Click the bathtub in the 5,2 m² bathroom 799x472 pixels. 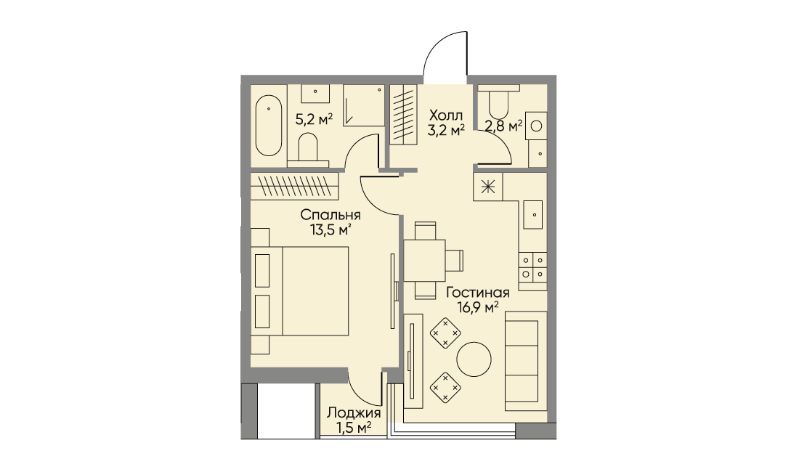pyautogui.click(x=269, y=125)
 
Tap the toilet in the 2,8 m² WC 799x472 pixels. pyautogui.click(x=498, y=101)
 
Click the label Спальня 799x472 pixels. pyautogui.click(x=330, y=215)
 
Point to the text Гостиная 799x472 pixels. pyautogui.click(x=478, y=293)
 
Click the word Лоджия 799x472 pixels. pyautogui.click(x=354, y=412)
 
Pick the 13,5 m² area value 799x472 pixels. pyautogui.click(x=330, y=229)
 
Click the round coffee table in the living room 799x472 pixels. pyautogui.click(x=474, y=359)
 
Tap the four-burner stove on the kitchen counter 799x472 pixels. pyautogui.click(x=532, y=267)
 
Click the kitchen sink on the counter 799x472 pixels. pyautogui.click(x=533, y=214)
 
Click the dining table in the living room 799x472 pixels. pyautogui.click(x=425, y=260)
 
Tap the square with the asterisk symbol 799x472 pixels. pyautogui.click(x=488, y=187)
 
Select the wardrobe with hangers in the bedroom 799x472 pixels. pyautogui.click(x=294, y=186)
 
